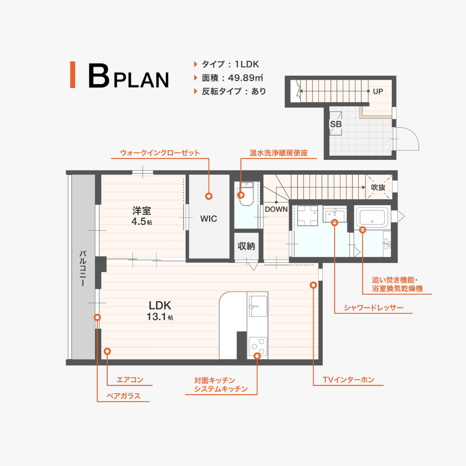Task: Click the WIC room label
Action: pyautogui.click(x=209, y=219)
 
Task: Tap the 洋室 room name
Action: pyautogui.click(x=142, y=211)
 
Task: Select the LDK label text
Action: pyautogui.click(x=160, y=305)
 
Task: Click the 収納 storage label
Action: pyautogui.click(x=246, y=246)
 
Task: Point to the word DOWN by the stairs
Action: pyautogui.click(x=276, y=209)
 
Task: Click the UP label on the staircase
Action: pyautogui.click(x=378, y=91)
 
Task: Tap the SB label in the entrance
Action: pyautogui.click(x=336, y=124)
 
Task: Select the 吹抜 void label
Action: pyautogui.click(x=378, y=187)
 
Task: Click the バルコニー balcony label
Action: pyautogui.click(x=83, y=268)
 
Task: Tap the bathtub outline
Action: pyautogui.click(x=372, y=217)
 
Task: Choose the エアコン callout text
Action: pyautogui.click(x=130, y=380)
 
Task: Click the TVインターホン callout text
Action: pyautogui.click(x=348, y=380)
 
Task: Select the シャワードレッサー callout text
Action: pyautogui.click(x=374, y=308)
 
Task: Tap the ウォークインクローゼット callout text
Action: pyautogui.click(x=160, y=153)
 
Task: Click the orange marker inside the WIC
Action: pyautogui.click(x=209, y=196)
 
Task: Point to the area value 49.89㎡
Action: pyautogui.click(x=246, y=78)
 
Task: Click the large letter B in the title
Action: pyautogui.click(x=99, y=76)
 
